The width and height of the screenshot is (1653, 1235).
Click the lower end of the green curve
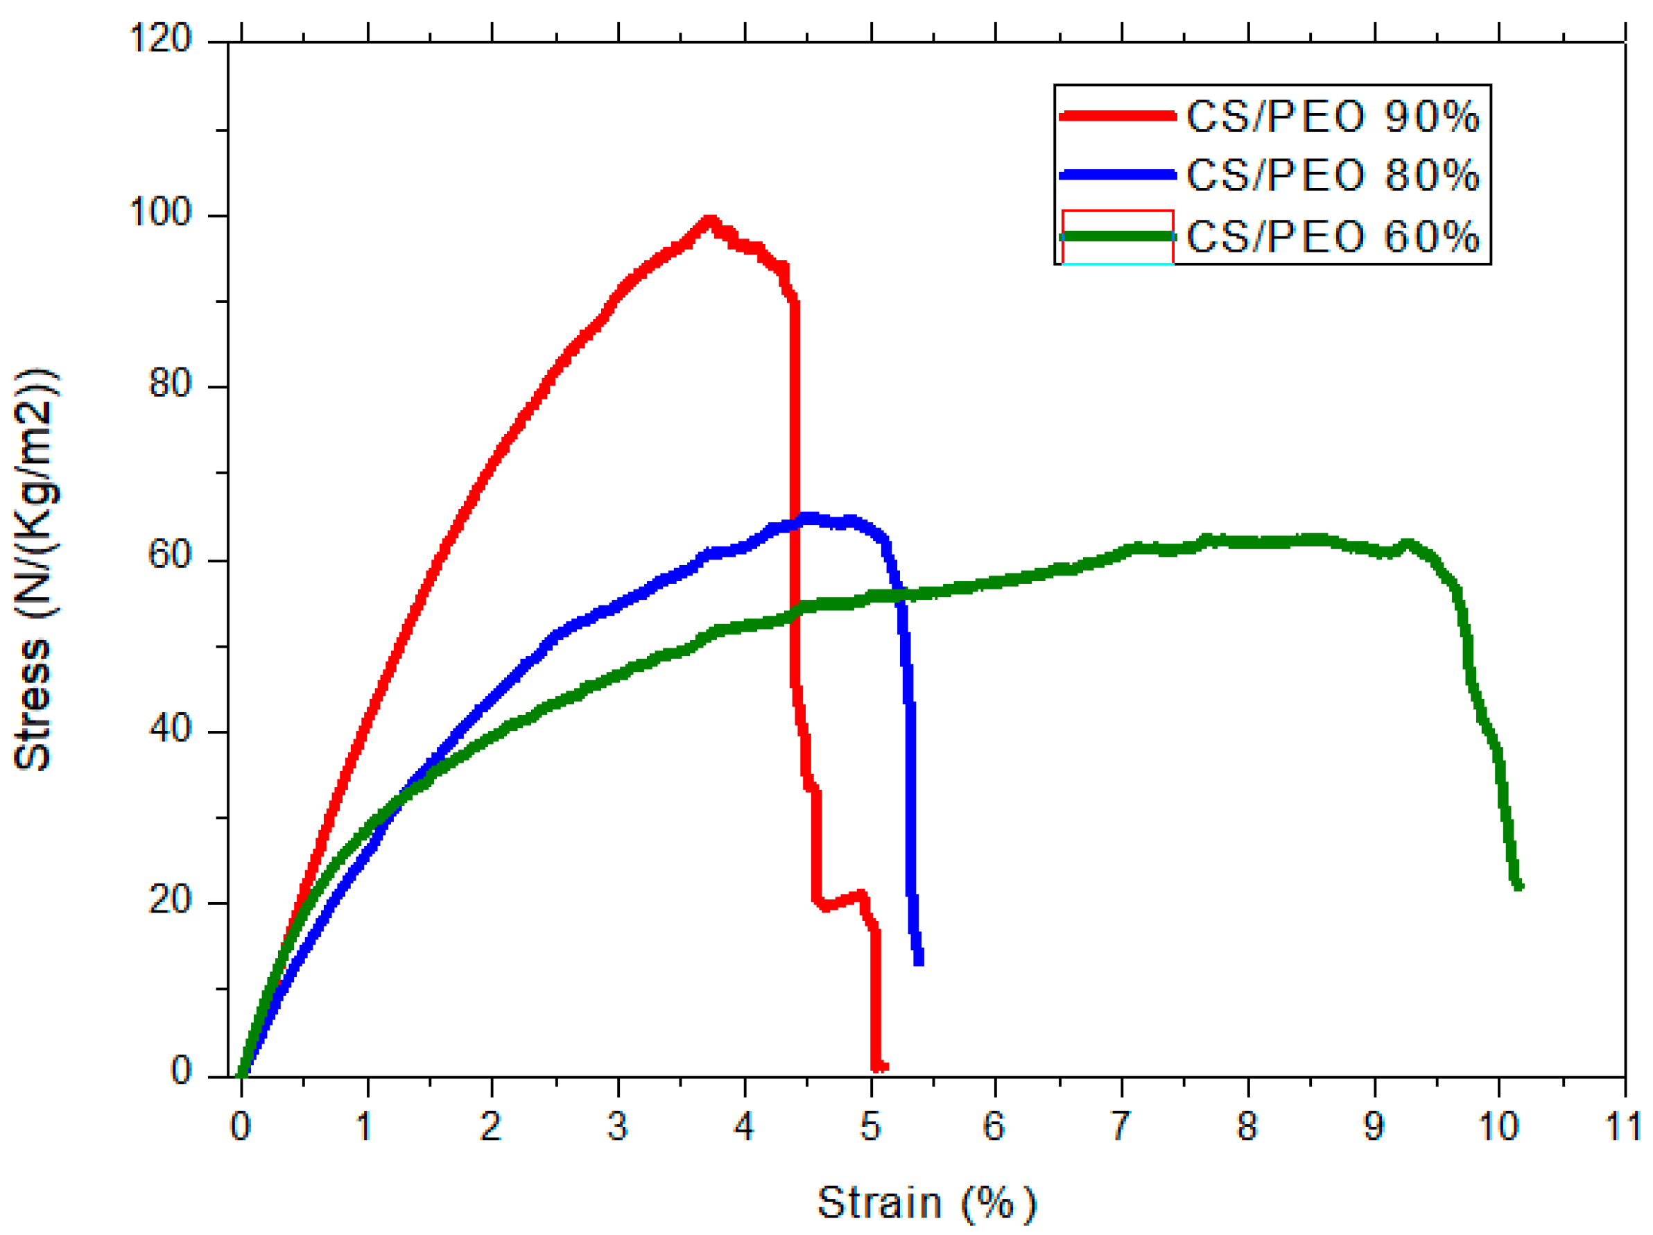[1518, 886]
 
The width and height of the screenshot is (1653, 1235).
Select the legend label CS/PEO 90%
[1333, 116]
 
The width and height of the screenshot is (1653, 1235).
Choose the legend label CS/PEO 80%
[1333, 175]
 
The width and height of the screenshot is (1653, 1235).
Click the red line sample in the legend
[1117, 115]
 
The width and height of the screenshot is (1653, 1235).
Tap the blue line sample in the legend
[1117, 174]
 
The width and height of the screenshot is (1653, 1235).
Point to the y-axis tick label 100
[161, 212]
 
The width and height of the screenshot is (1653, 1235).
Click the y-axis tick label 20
[171, 899]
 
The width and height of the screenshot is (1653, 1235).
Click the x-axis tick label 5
[870, 1126]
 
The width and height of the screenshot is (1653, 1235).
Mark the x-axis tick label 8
[1247, 1126]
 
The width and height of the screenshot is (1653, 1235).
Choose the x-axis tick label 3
[617, 1126]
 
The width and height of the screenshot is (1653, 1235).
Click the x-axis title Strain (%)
[926, 1203]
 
